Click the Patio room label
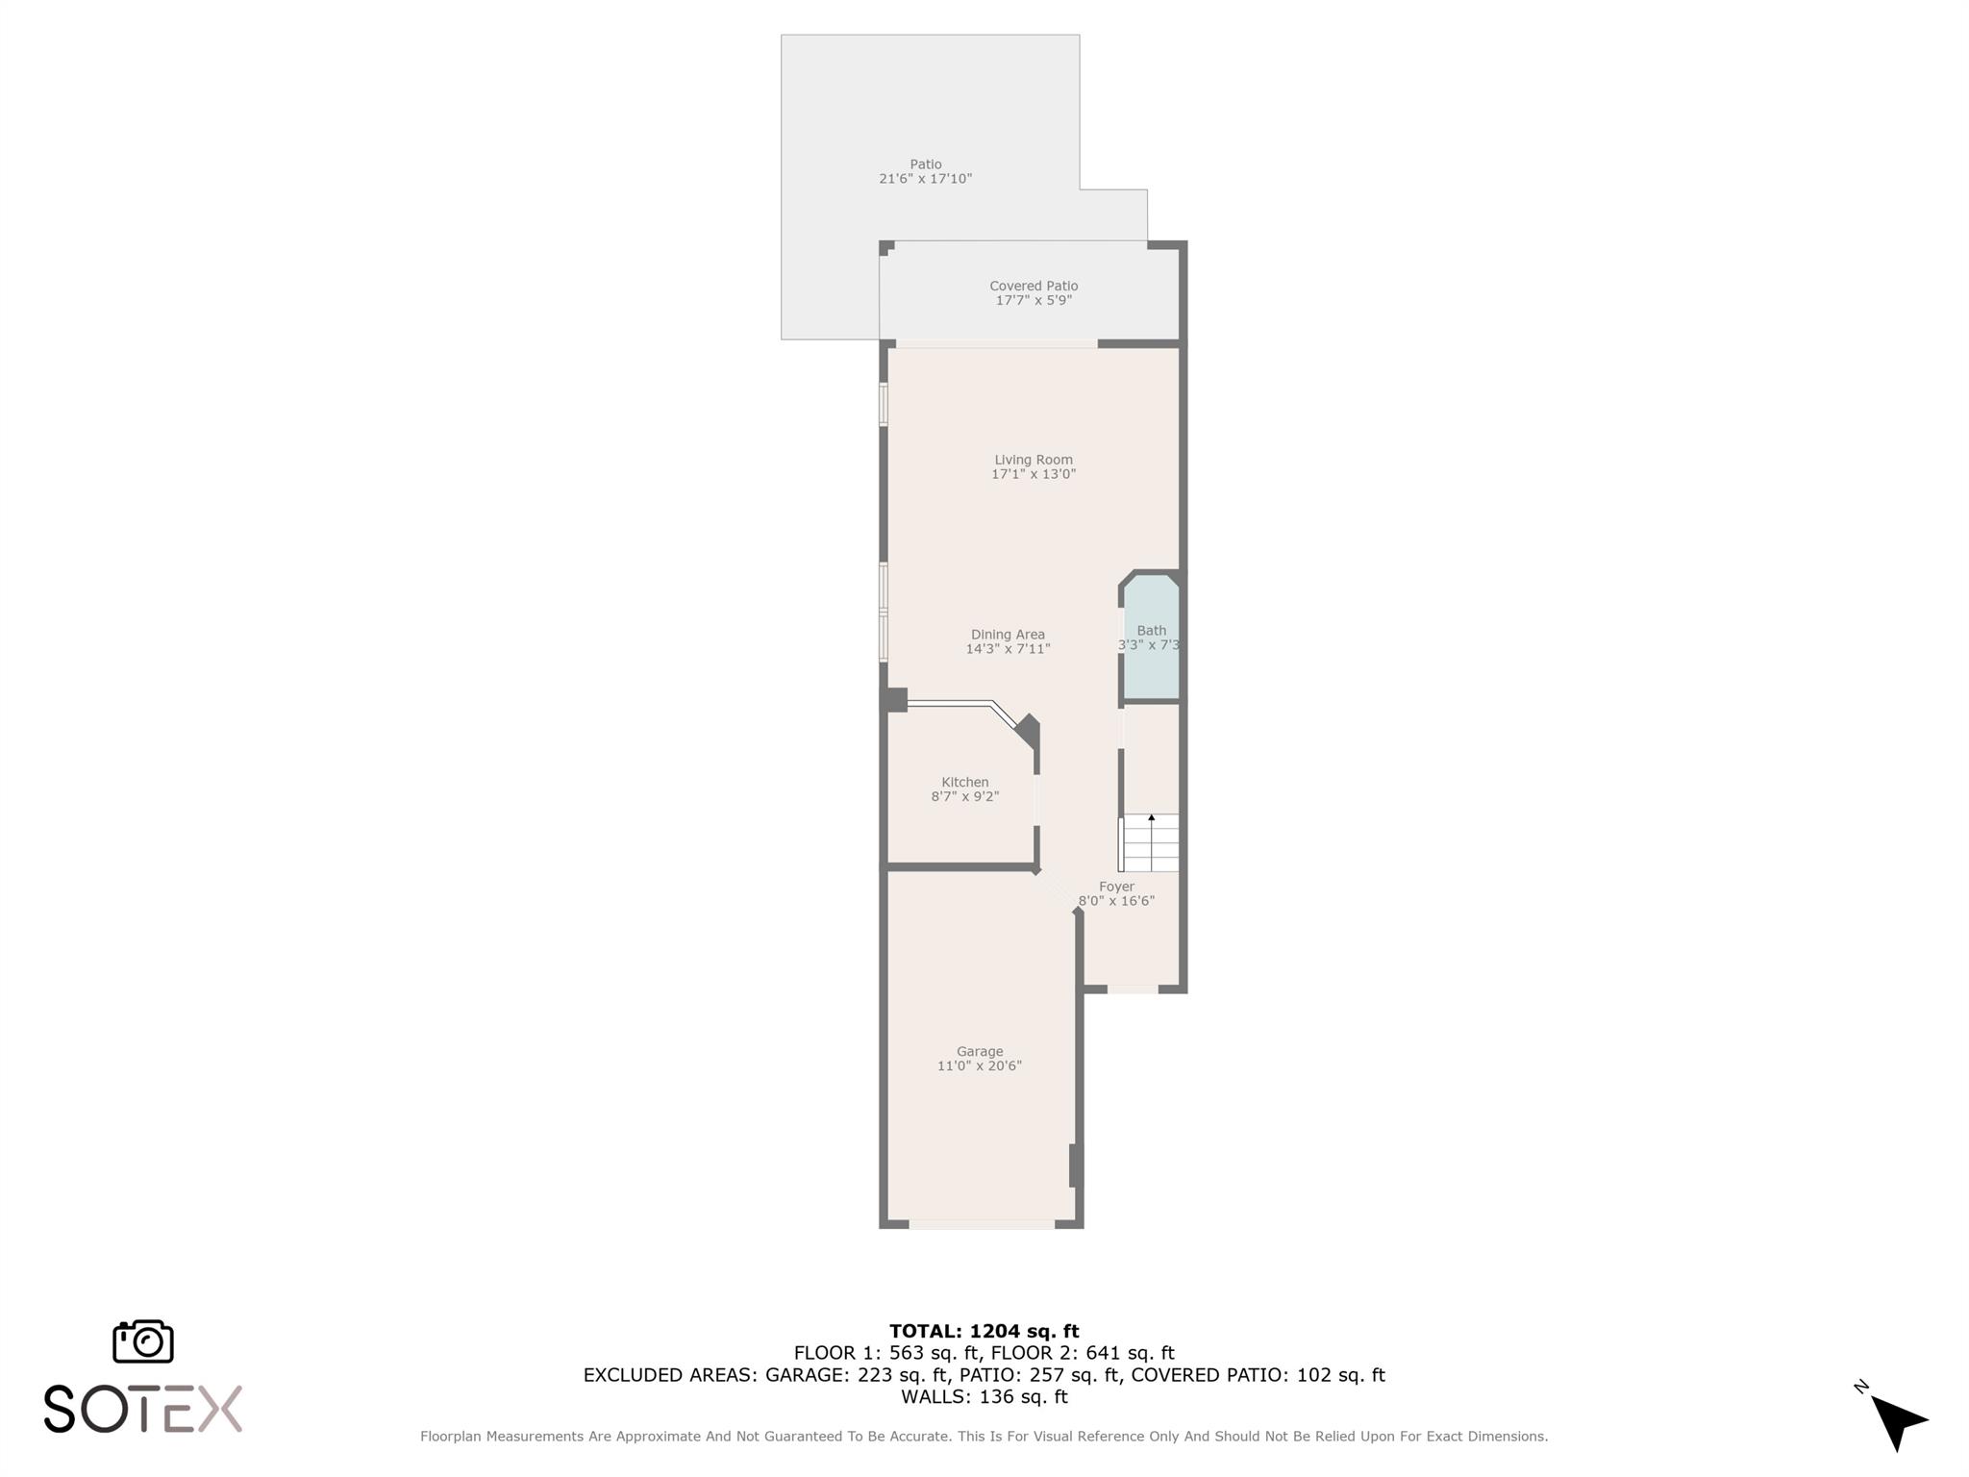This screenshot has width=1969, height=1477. tap(926, 164)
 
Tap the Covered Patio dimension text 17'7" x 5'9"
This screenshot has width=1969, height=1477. tap(1034, 300)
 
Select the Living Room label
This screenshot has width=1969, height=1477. tap(1034, 460)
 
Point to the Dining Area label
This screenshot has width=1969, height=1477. tap(1008, 635)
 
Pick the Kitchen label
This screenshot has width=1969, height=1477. tap(964, 782)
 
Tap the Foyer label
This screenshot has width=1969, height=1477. tap(1116, 887)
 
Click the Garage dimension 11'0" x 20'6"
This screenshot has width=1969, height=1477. tap(979, 1065)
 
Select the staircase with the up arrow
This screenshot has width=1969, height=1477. tap(1151, 843)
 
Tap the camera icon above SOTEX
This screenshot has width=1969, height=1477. tap(143, 1341)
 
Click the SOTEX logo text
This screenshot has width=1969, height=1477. tap(143, 1410)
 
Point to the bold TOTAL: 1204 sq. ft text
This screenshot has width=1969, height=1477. tap(984, 1331)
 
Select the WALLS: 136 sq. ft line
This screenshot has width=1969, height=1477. tap(984, 1396)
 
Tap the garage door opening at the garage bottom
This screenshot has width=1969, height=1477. tap(982, 1224)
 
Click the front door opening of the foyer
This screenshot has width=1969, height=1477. tap(1133, 989)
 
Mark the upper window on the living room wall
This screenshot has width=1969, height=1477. tap(884, 405)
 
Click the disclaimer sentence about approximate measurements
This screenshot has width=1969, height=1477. tap(984, 1437)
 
